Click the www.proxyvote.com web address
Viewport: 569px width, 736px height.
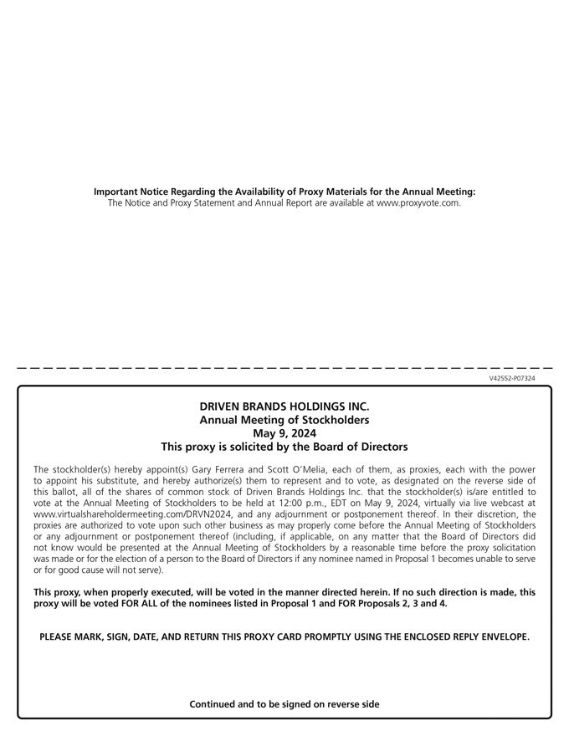pos(418,202)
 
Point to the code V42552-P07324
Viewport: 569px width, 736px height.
pos(512,379)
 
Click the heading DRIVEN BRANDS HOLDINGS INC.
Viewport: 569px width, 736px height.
pos(284,406)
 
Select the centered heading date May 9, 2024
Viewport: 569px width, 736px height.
pos(284,433)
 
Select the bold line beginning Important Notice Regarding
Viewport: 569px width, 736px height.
pos(284,192)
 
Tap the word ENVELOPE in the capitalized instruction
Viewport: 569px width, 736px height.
pos(499,637)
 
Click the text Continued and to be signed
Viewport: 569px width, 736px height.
pos(284,704)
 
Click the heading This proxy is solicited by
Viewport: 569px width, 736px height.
pos(284,447)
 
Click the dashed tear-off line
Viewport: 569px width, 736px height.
pos(284,368)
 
